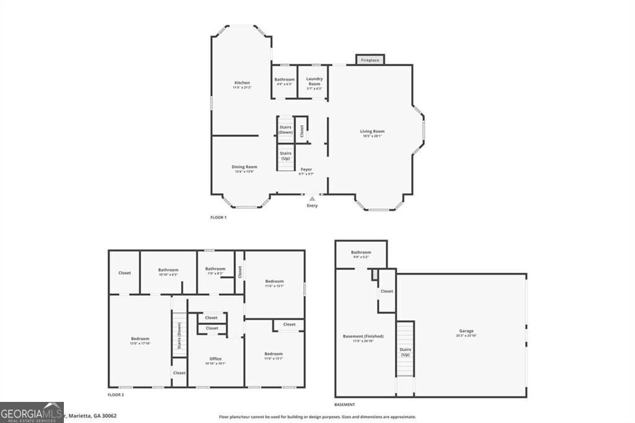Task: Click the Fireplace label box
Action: tap(370, 60)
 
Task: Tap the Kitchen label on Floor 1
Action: tap(242, 83)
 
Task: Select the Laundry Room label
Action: tap(314, 81)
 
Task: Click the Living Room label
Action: tap(373, 131)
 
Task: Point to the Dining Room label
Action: tap(244, 167)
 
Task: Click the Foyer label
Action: tap(306, 169)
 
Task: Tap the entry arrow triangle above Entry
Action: tap(312, 198)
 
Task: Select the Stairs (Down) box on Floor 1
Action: tap(285, 130)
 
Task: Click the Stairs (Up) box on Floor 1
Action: tap(285, 156)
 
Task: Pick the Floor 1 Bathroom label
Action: tap(285, 79)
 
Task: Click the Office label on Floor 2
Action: tap(215, 358)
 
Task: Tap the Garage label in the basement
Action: tap(466, 331)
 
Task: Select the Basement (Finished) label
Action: tap(363, 336)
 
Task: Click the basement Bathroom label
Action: tap(360, 252)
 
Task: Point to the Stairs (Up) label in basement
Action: tap(406, 352)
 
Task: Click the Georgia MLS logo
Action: tap(32, 412)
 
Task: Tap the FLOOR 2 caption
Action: tap(116, 395)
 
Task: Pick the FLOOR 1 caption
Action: tap(219, 218)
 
